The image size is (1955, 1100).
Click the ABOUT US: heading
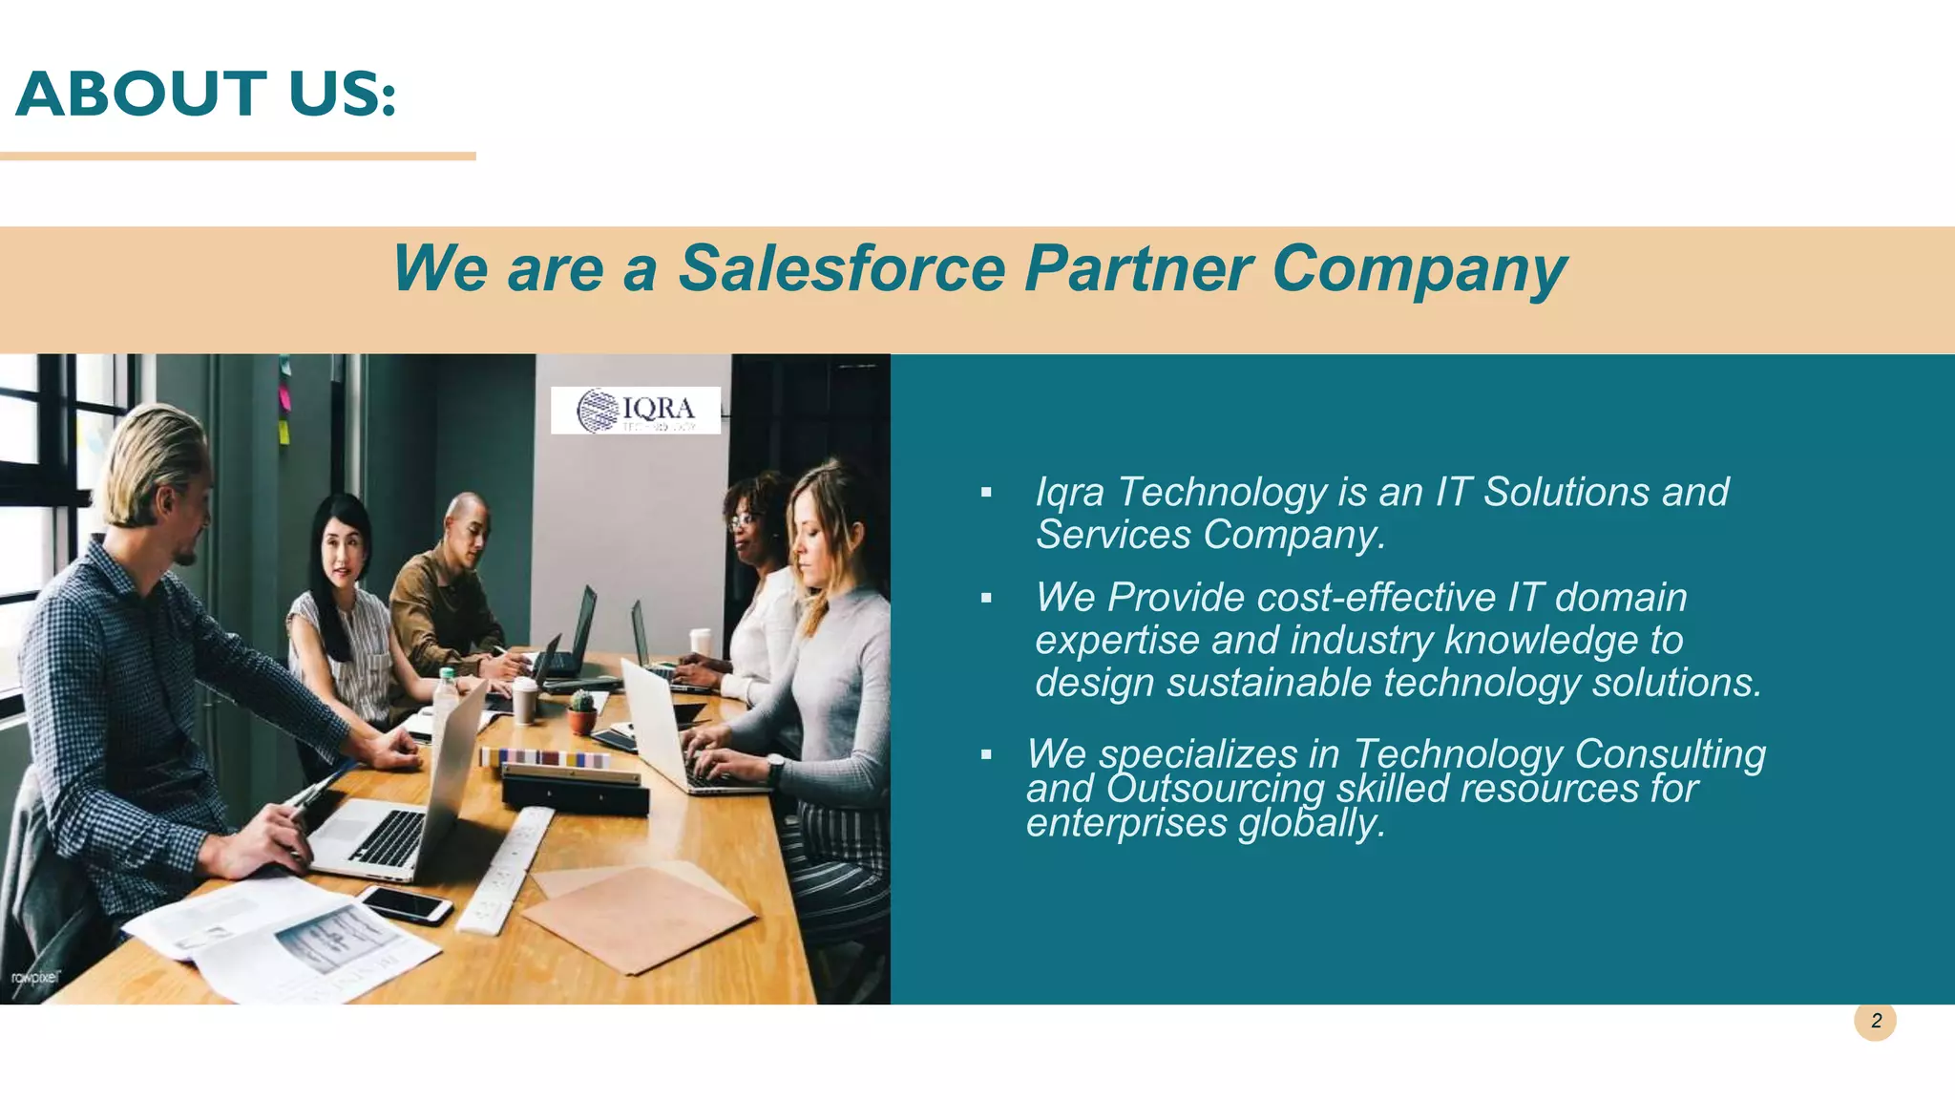pos(205,95)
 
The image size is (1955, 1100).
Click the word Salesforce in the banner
pos(841,268)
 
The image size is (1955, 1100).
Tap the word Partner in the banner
pos(1138,268)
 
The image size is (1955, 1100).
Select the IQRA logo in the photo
pos(636,411)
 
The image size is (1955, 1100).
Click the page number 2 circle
pos(1875,1021)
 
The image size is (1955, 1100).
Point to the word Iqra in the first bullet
pos(1070,493)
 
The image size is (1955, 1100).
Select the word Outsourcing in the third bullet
pos(1215,790)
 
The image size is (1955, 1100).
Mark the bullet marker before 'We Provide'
pos(986,599)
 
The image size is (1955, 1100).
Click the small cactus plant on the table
pos(582,711)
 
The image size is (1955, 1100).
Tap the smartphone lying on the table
pos(405,903)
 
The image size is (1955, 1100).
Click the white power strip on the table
pos(506,869)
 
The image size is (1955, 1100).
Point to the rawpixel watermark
pos(35,977)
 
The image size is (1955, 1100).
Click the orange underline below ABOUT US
pos(238,156)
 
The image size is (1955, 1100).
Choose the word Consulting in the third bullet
pos(1670,754)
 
